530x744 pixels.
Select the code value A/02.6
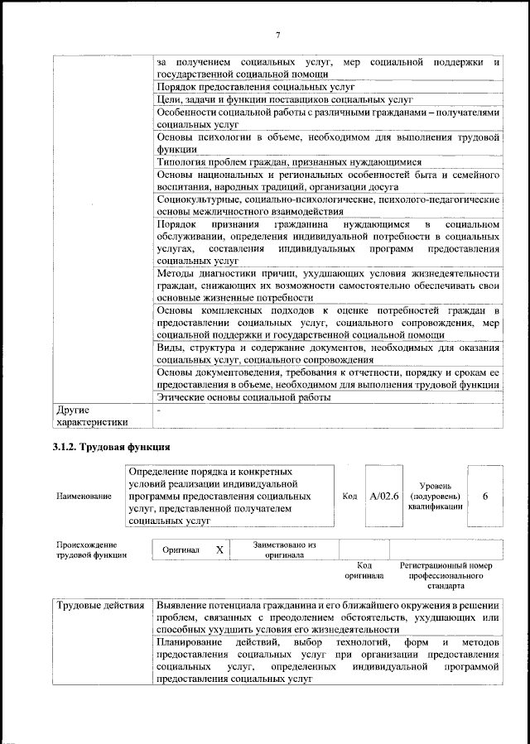pyautogui.click(x=384, y=496)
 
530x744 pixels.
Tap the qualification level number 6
pyautogui.click(x=484, y=496)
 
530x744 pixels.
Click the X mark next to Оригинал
pyautogui.click(x=219, y=550)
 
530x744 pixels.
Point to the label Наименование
pyautogui.click(x=84, y=497)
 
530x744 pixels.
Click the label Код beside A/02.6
pyautogui.click(x=349, y=497)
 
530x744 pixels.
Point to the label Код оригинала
pyautogui.click(x=364, y=570)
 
